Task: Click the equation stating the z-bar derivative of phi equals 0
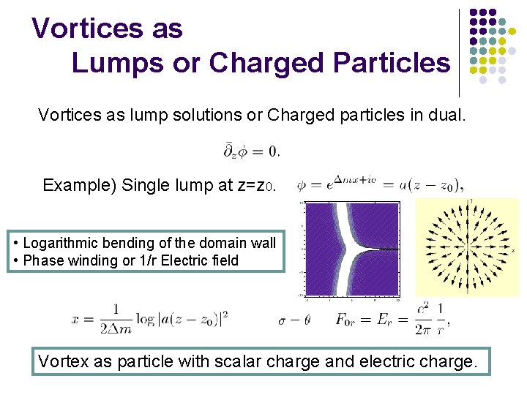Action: coord(251,151)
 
